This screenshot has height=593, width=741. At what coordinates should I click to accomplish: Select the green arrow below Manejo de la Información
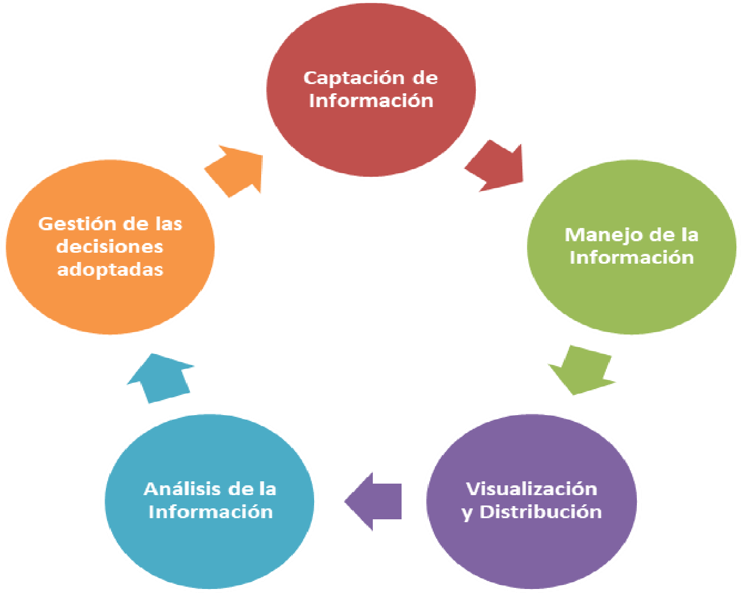(x=582, y=370)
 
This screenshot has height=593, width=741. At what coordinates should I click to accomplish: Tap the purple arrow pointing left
(x=373, y=501)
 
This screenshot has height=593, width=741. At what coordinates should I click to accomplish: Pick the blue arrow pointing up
(x=161, y=378)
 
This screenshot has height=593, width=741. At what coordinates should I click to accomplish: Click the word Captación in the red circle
(x=353, y=79)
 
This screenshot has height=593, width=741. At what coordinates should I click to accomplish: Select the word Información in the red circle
(x=371, y=101)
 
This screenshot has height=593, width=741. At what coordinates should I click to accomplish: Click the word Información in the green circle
(x=632, y=258)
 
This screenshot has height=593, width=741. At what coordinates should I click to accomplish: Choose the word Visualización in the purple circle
(x=532, y=489)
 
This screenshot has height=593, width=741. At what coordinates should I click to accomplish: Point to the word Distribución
(x=541, y=512)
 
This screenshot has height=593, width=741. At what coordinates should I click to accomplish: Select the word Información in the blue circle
(x=211, y=512)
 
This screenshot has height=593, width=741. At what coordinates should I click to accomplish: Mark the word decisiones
(x=109, y=247)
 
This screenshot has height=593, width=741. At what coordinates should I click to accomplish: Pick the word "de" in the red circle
(x=426, y=78)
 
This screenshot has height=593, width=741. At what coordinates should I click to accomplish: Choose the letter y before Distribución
(x=467, y=514)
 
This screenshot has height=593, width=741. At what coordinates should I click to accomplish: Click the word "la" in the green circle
(x=689, y=235)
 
